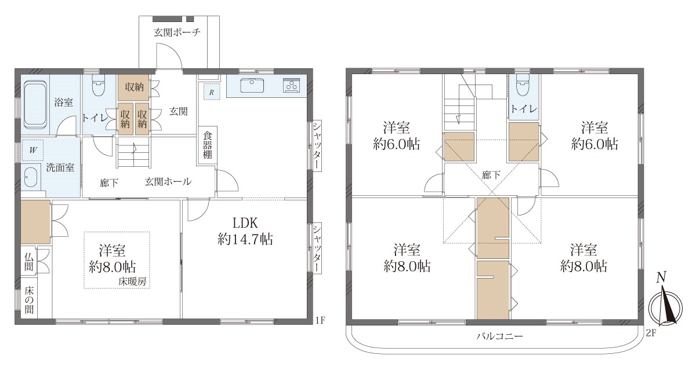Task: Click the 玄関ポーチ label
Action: (x=177, y=32)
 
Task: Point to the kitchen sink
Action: (x=252, y=85)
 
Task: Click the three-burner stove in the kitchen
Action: (x=291, y=85)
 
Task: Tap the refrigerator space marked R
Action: (x=212, y=91)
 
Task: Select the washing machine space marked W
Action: (x=32, y=151)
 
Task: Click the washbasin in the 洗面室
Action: (x=30, y=177)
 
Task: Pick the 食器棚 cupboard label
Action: (x=207, y=145)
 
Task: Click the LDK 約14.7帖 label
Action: (x=245, y=231)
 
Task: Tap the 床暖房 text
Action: (x=132, y=281)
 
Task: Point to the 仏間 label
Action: (x=29, y=262)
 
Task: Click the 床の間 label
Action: (x=29, y=300)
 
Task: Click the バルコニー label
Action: (x=500, y=336)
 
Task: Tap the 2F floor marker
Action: (x=651, y=333)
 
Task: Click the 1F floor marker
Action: (x=320, y=320)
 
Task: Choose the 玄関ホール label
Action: (x=168, y=181)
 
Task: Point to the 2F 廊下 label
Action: (x=491, y=175)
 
